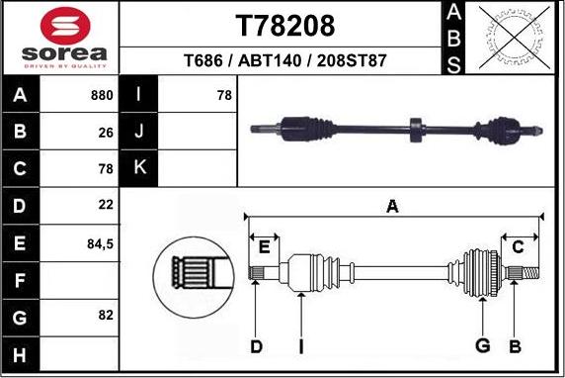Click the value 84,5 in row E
101,240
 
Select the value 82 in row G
106,315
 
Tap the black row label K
139,168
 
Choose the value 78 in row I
223,96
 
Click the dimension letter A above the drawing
392,206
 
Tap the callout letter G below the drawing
482,345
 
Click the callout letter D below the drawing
256,345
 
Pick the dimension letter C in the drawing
517,247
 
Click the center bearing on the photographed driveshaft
415,127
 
